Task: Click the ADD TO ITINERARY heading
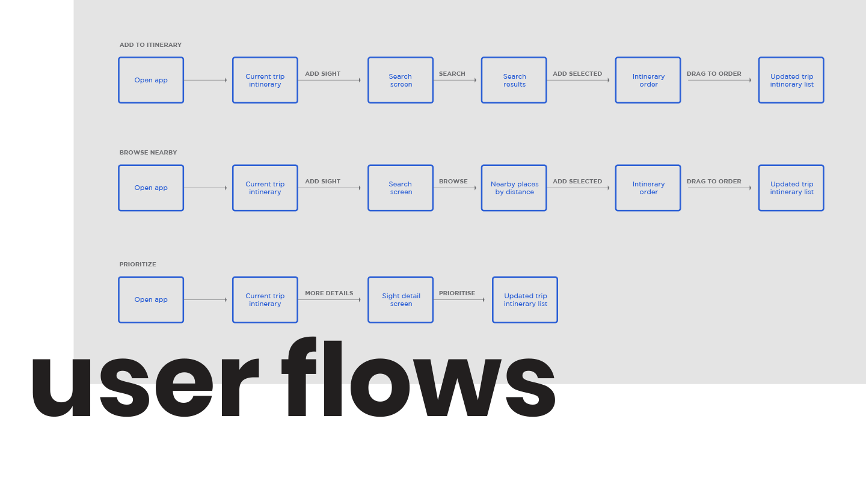(150, 45)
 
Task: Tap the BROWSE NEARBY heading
(148, 153)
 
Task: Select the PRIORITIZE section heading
(138, 265)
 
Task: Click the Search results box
(514, 80)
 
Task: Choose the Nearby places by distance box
(514, 188)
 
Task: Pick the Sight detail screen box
(401, 299)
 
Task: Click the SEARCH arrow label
(452, 74)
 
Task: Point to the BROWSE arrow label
(453, 181)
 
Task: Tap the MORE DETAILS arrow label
(329, 293)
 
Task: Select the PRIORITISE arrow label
(457, 293)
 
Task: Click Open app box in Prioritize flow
(151, 299)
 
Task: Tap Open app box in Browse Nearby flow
(151, 188)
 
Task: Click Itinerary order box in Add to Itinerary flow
(648, 80)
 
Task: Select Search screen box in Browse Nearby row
(401, 188)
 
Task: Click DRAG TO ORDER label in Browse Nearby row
(714, 181)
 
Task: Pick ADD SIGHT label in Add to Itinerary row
(322, 74)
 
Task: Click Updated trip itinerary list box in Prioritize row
(525, 299)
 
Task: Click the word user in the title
(145, 387)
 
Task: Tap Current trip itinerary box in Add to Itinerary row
(265, 80)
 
